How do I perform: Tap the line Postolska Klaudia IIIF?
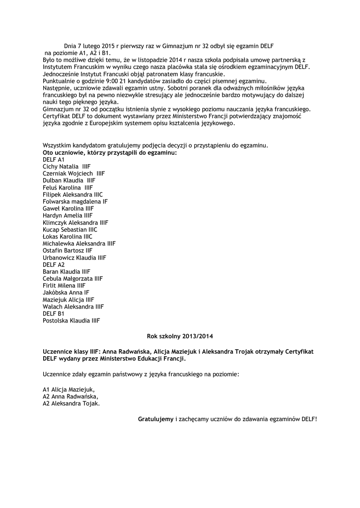[71, 320]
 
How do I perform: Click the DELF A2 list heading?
[54, 264]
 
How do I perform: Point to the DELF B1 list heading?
[54, 314]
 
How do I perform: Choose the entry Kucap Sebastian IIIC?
[70, 230]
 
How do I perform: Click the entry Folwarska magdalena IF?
[75, 202]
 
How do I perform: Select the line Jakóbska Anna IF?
[66, 293]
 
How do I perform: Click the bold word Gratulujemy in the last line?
[155, 419]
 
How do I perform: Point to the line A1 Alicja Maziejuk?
[69, 389]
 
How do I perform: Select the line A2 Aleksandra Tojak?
[71, 403]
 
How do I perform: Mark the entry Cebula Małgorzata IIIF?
[73, 279]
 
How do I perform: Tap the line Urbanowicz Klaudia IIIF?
[74, 257]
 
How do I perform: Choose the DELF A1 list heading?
[54, 160]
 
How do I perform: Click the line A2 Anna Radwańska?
[71, 396]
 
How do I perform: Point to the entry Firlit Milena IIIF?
[64, 286]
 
